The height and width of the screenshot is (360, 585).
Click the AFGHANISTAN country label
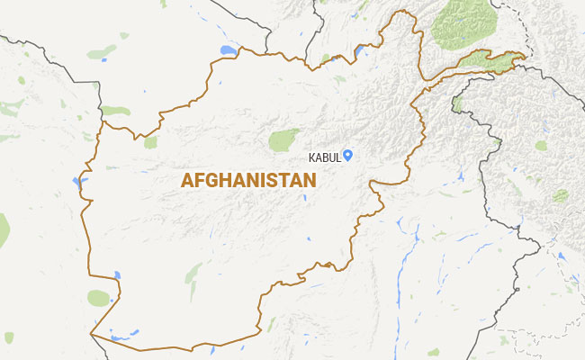tap(248, 180)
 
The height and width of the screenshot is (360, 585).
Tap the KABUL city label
tap(324, 157)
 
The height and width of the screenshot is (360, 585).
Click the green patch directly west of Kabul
tap(283, 139)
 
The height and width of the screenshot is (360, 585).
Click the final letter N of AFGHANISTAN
tap(310, 180)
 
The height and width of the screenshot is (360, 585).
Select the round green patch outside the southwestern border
tap(99, 298)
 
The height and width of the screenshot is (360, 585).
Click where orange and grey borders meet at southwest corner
tap(91, 335)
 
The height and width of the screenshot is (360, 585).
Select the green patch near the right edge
tap(560, 194)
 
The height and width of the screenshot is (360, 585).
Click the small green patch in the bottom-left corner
tap(8, 337)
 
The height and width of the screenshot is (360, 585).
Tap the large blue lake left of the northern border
tap(228, 50)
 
